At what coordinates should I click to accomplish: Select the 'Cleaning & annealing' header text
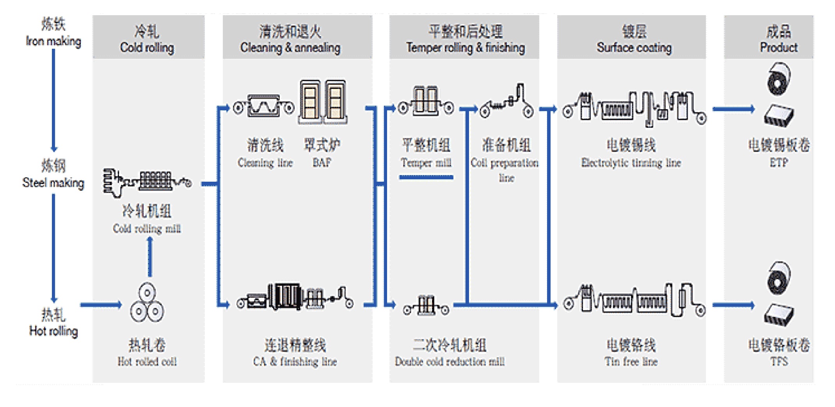coord(290,47)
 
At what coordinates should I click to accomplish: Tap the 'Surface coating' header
coord(634,47)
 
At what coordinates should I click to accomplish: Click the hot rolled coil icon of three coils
coord(147,303)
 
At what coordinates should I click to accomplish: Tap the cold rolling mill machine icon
coord(147,182)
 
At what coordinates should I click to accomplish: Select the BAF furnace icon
coord(323,102)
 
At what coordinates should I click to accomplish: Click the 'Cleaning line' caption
coord(265,163)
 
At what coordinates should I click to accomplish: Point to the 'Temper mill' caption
coord(426,163)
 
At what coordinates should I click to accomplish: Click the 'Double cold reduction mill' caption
coord(449,361)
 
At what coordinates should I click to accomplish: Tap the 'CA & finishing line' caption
coord(295,361)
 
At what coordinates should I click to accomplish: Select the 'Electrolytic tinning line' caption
coord(631,163)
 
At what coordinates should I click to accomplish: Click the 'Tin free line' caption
coord(631,361)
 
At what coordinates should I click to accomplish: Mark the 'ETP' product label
coord(778,163)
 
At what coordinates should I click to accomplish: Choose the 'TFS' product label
coord(779,361)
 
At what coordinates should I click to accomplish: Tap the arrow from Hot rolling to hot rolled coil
coord(101,305)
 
